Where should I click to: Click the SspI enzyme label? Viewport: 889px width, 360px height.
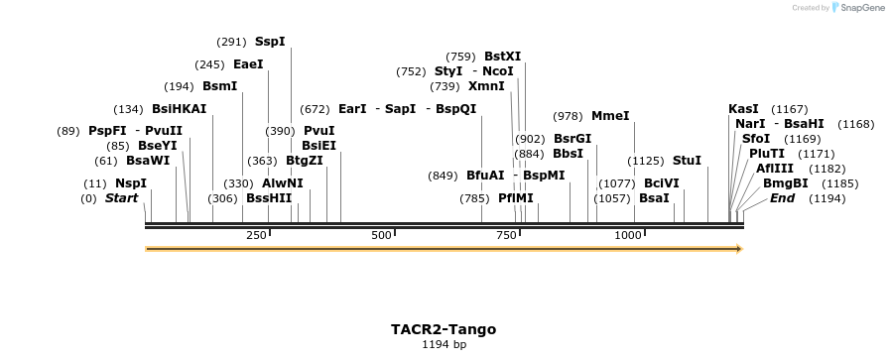270,42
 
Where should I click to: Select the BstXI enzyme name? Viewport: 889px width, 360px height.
502,57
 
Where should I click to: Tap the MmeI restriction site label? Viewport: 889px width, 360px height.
610,116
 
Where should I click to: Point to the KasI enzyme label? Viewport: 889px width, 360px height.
743,108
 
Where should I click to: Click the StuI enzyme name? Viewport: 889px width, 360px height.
687,161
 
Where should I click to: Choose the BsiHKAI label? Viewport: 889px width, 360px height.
179,109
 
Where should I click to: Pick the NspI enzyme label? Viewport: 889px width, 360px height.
130,183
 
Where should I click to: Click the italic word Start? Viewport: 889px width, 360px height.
121,198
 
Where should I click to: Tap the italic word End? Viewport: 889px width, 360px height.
782,198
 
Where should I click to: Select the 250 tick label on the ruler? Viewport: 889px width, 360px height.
256,235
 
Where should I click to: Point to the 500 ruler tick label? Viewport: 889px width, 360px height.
381,235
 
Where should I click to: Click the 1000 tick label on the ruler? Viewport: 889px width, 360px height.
628,235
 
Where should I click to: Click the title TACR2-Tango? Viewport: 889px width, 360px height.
444,329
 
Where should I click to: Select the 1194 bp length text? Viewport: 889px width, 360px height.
444,345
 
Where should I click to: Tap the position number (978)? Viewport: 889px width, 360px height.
568,116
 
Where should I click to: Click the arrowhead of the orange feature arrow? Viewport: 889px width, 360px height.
738,249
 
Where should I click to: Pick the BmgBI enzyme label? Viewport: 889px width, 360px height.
785,183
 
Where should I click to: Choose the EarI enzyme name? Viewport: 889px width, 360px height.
352,109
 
